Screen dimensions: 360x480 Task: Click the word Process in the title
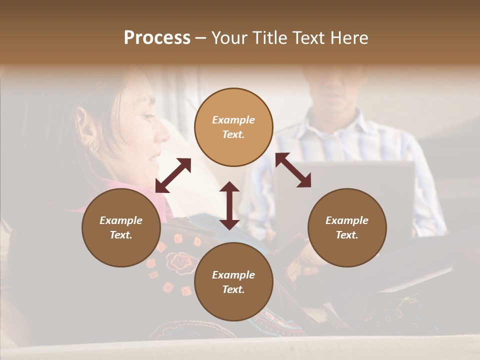pyautogui.click(x=157, y=38)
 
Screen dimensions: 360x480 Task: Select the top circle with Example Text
pyautogui.click(x=233, y=127)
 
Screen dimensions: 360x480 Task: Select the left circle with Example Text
pyautogui.click(x=121, y=227)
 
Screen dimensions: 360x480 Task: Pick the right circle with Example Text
pyautogui.click(x=347, y=227)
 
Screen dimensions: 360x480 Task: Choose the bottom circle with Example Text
pyautogui.click(x=233, y=282)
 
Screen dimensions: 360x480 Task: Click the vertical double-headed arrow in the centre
pyautogui.click(x=229, y=205)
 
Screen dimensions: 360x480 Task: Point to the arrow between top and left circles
pyautogui.click(x=173, y=175)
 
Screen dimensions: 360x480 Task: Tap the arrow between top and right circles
pyautogui.click(x=293, y=170)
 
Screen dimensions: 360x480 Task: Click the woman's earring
pyautogui.click(x=93, y=146)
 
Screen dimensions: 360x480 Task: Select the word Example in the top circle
pyautogui.click(x=233, y=120)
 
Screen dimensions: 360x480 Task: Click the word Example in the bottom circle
pyautogui.click(x=233, y=275)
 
